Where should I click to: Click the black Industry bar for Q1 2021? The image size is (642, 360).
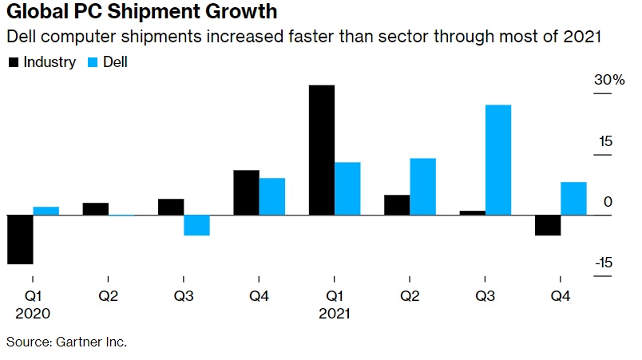pos(322,150)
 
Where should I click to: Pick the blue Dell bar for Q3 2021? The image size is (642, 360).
pos(498,160)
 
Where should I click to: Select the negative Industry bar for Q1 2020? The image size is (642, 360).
pos(20,239)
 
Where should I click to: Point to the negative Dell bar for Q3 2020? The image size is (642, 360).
pos(196,225)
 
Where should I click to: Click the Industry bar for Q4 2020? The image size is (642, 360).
pos(246,192)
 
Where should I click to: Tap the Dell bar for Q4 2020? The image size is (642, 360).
pos(272,196)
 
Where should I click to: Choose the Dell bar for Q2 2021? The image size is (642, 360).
pos(422,187)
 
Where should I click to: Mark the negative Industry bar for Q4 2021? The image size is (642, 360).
pos(548,225)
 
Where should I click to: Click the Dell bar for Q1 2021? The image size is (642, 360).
pos(347,188)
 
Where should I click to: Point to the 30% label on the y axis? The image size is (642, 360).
pos(608,81)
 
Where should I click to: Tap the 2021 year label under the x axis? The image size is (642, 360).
pos(335,314)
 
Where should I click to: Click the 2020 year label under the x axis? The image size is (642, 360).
pos(34,314)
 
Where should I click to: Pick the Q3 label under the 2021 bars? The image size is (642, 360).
pos(485,296)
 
